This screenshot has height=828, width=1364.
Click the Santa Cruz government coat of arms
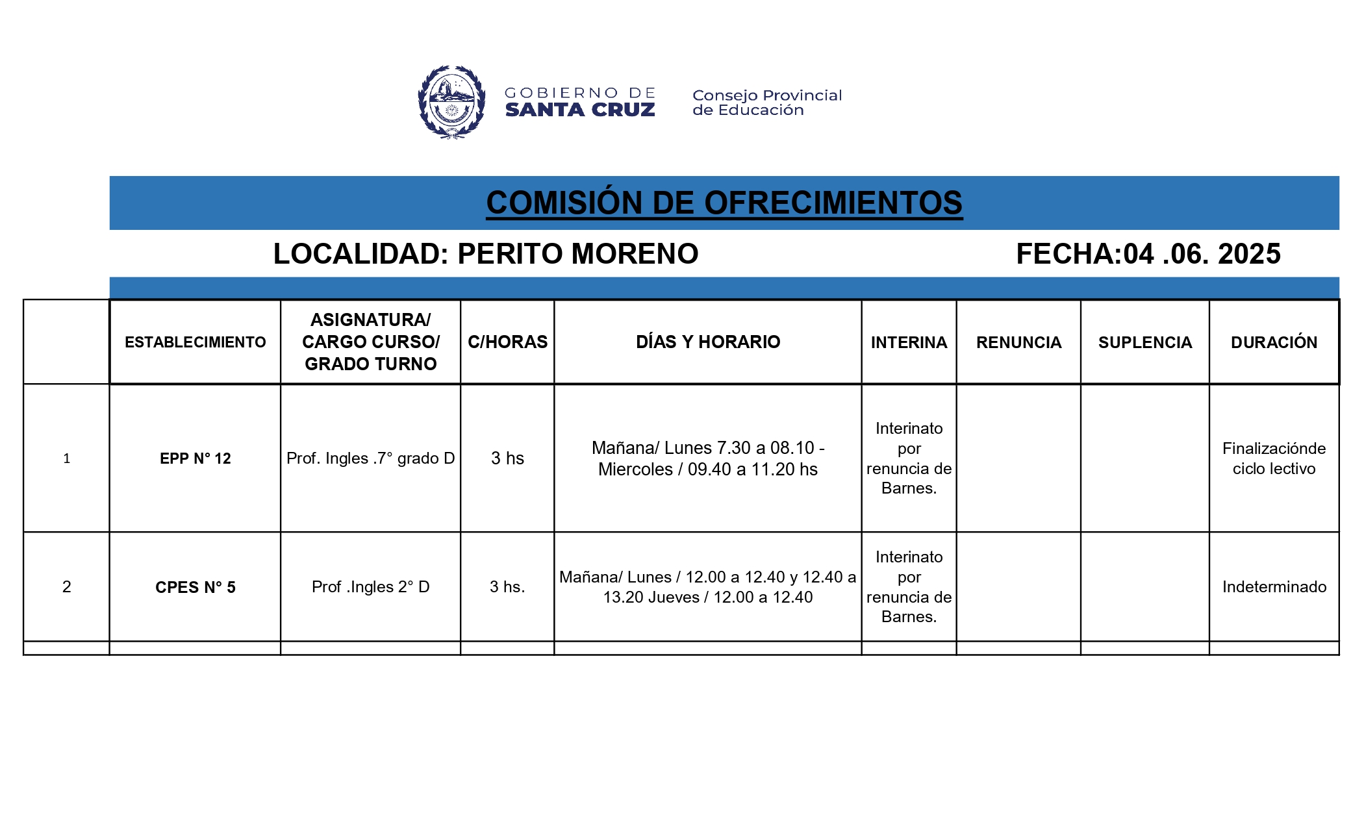451,102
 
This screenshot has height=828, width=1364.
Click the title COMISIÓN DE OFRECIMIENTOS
724,203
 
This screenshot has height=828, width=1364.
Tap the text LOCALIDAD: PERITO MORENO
485,254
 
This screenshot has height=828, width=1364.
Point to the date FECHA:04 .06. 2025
1148,254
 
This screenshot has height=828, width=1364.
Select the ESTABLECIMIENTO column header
195,342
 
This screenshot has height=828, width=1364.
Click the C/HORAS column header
507,342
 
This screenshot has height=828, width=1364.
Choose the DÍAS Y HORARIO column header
708,342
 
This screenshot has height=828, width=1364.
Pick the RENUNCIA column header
1018,342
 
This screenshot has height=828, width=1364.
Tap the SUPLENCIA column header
1145,342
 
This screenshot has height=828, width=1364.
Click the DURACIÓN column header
1274,342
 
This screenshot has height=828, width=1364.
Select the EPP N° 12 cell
195,458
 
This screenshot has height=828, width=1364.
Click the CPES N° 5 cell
195,587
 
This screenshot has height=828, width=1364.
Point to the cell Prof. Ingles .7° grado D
370,458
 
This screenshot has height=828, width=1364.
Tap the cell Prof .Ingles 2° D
370,587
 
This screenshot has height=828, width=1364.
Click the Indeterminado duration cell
1274,587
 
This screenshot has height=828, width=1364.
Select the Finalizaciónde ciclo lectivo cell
1274,458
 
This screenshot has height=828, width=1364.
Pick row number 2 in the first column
66,587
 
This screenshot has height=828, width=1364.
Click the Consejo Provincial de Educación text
766,103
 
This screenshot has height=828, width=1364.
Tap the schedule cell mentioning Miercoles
708,458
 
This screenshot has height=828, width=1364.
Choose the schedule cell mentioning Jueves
708,587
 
